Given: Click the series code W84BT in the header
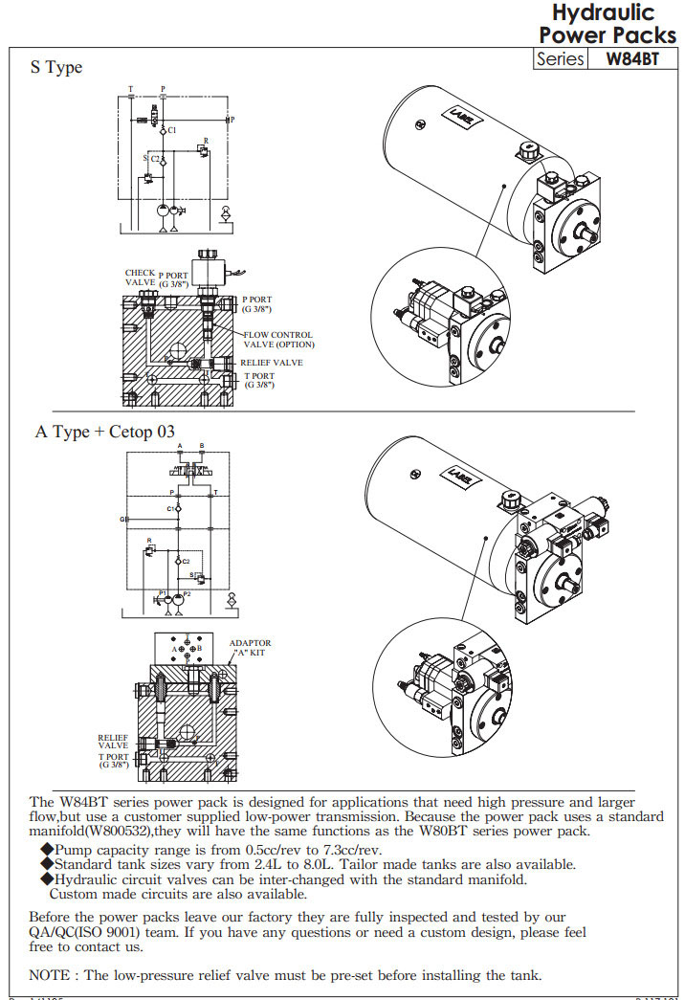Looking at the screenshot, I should (634, 59).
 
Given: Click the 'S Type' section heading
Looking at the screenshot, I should (56, 67).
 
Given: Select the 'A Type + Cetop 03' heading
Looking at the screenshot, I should (105, 432).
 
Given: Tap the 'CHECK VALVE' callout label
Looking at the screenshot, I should (140, 278).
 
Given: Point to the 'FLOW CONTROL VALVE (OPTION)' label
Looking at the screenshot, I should (277, 340).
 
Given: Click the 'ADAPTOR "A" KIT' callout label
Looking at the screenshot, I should (250, 648).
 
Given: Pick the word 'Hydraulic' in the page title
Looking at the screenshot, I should (603, 13).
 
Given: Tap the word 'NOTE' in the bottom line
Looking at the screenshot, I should (50, 975).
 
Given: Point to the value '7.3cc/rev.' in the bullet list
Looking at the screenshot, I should (348, 850).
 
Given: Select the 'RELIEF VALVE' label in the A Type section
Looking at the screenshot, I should (113, 742).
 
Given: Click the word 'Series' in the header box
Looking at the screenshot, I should (561, 59).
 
